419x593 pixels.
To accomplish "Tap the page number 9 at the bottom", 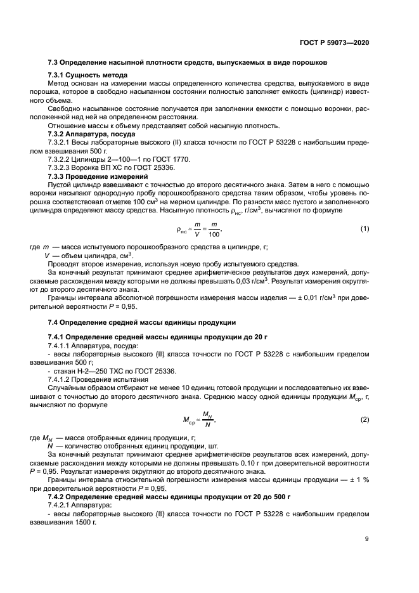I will coord(366,538).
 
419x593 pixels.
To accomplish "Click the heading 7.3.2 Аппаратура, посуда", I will coord(87,134).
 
